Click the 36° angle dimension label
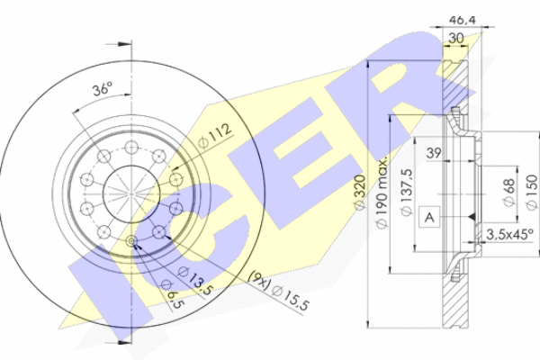pos(103,89)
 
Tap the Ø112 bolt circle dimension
pos(215,136)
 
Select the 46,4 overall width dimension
pos(463,20)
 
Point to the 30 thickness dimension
pos(456,38)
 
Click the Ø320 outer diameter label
pos(359,192)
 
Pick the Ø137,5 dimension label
pos(407,193)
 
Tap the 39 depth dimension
pos(434,153)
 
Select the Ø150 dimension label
pos(532,192)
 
